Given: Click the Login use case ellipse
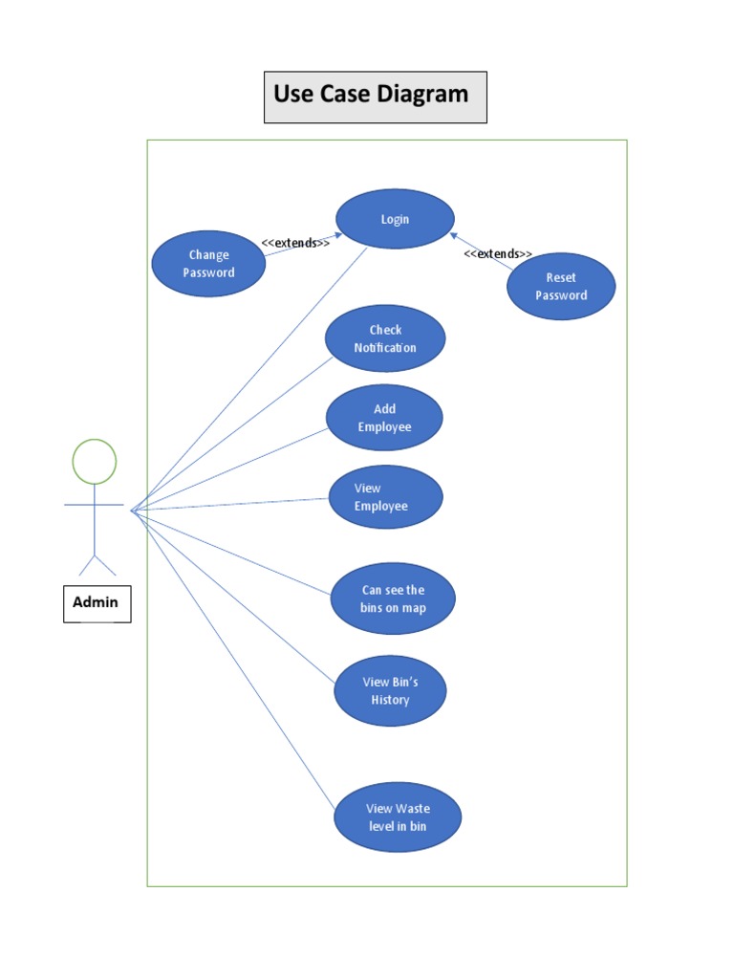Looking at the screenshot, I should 395,219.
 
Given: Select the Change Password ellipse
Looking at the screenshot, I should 208,264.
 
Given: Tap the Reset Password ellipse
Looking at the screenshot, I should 561,286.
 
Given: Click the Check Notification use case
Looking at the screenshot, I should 385,338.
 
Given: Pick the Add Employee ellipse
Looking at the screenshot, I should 384,418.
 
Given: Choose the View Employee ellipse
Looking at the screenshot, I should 385,497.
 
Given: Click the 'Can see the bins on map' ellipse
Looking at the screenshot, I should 393,598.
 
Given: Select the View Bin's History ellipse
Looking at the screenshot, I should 390,690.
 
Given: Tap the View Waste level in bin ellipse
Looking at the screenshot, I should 398,817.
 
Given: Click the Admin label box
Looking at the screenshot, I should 97,602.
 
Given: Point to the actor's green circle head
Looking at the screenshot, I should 95,462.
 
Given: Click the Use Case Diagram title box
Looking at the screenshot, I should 375,97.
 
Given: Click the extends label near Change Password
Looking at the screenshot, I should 295,243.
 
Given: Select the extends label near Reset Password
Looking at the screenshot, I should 498,253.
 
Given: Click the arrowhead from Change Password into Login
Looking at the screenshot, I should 337,233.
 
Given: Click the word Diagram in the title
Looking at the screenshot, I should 422,94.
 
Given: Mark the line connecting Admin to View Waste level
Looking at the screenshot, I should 234,661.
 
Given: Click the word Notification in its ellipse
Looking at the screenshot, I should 385,348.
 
